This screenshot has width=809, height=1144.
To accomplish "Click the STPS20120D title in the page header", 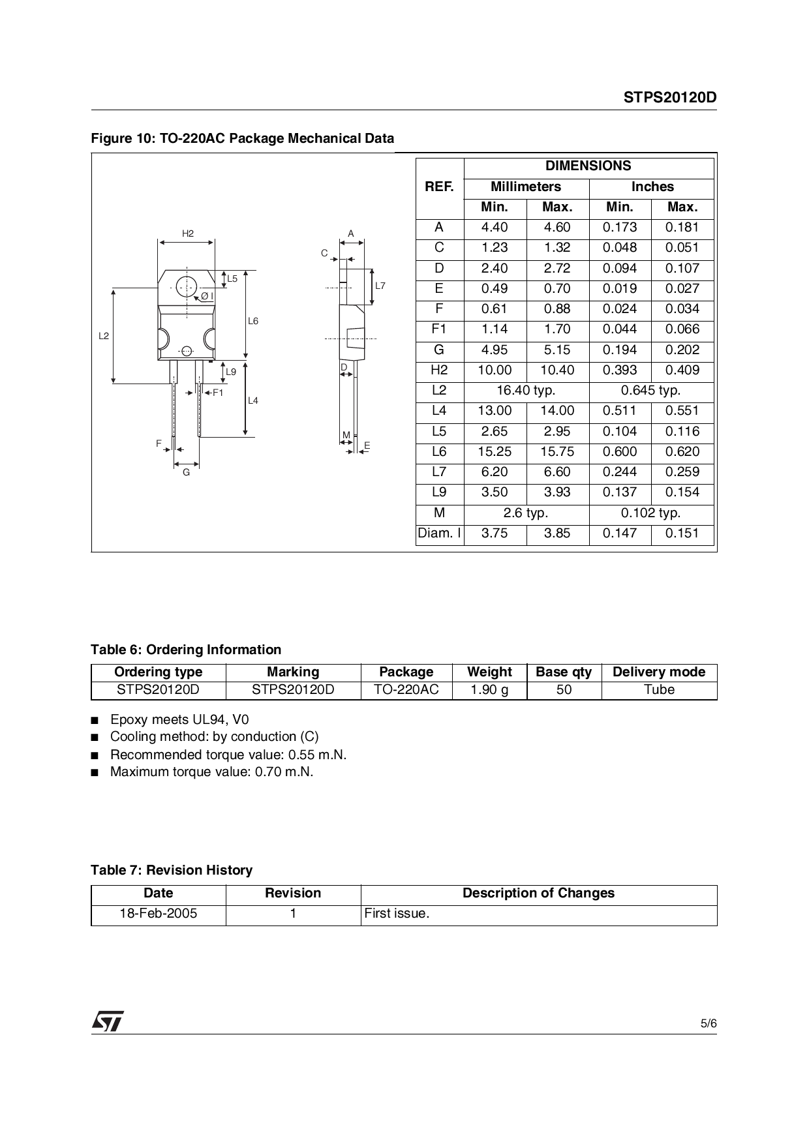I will pyautogui.click(x=669, y=98).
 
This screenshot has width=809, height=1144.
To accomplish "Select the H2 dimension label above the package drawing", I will pyautogui.click(x=188, y=233).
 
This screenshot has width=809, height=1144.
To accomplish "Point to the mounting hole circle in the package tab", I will pyautogui.click(x=187, y=286).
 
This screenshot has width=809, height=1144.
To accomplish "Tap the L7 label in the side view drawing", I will pyautogui.click(x=380, y=286).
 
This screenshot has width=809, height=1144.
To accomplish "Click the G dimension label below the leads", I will pyautogui.click(x=187, y=472).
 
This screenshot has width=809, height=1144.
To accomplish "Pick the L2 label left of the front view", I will pyautogui.click(x=104, y=336).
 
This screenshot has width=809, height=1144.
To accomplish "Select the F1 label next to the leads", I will pyautogui.click(x=217, y=393).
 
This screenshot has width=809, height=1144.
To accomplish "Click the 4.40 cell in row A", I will pyautogui.click(x=495, y=228).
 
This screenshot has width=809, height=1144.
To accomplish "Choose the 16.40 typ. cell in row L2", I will pyautogui.click(x=526, y=391).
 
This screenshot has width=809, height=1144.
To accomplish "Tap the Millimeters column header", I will pyautogui.click(x=526, y=187).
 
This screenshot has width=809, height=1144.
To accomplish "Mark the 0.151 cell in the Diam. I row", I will pyautogui.click(x=682, y=534).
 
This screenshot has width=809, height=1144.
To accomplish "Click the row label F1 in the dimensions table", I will pyautogui.click(x=439, y=329).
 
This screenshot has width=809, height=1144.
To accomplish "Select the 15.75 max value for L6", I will pyautogui.click(x=557, y=452).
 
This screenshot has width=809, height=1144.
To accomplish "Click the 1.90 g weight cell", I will pyautogui.click(x=489, y=690).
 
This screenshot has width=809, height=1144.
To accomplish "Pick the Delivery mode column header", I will pyautogui.click(x=659, y=672).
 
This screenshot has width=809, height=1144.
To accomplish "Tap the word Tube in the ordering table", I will pyautogui.click(x=659, y=690).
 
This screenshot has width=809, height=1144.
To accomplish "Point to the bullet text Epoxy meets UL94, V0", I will pyautogui.click(x=179, y=720).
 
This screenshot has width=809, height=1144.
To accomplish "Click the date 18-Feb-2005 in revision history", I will pyautogui.click(x=159, y=914).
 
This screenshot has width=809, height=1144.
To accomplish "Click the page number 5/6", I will pyautogui.click(x=709, y=1024).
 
